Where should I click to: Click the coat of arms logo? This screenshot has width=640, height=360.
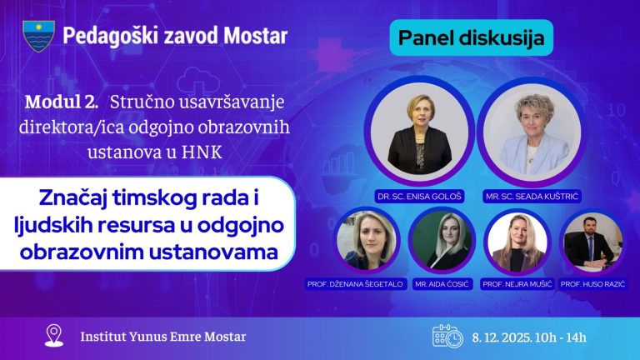(x=38, y=35)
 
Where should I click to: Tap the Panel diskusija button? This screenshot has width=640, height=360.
(x=471, y=37)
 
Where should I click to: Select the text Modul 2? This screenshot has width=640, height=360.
(x=62, y=103)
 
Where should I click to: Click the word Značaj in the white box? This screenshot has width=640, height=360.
(x=77, y=200)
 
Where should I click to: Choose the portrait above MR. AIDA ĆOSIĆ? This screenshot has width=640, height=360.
(x=442, y=239)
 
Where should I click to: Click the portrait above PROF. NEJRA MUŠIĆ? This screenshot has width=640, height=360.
(x=515, y=239)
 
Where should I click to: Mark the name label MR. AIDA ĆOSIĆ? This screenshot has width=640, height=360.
(x=444, y=285)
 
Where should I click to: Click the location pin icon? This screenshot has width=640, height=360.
(x=55, y=336)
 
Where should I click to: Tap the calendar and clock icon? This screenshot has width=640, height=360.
(x=447, y=337)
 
